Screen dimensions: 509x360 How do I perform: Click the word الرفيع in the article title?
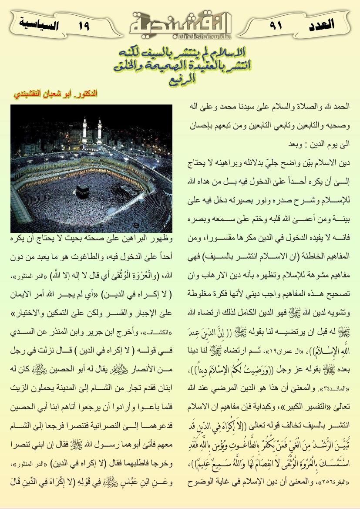[180, 80]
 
